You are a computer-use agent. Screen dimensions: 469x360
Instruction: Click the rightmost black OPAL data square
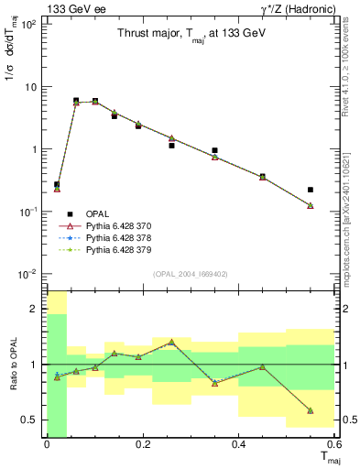point(311,190)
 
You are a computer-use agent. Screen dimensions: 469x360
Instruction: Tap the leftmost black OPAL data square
point(57,184)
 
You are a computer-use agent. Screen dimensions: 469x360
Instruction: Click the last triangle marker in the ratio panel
point(311,410)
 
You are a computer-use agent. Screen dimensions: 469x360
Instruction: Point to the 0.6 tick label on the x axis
point(333,445)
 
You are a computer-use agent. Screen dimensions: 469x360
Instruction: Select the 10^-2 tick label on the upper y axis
point(28,274)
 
